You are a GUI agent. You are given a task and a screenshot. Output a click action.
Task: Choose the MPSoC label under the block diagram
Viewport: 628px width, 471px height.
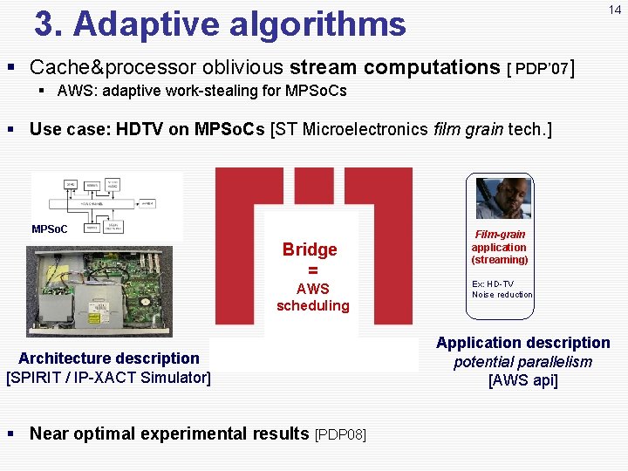pos(50,229)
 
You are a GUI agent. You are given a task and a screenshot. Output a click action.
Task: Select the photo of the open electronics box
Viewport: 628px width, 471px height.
pos(99,291)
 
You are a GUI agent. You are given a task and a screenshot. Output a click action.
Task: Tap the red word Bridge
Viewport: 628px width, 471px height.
pos(310,249)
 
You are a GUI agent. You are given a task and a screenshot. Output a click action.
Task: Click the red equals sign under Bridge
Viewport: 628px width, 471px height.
pos(312,270)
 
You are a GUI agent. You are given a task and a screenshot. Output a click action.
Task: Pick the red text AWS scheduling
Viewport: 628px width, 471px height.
pos(312,297)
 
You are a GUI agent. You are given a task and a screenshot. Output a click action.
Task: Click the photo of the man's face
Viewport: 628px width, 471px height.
pos(503,197)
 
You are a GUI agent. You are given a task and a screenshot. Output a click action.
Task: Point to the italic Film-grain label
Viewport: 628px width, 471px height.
pos(500,235)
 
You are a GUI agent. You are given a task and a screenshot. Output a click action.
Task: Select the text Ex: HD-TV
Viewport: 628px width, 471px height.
pos(493,284)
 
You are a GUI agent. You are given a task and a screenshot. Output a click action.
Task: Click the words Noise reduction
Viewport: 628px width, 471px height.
pos(502,295)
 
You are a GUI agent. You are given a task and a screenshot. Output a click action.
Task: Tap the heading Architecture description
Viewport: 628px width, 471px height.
pos(109,358)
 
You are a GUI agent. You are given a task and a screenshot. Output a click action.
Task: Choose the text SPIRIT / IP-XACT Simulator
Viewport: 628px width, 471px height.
pos(109,378)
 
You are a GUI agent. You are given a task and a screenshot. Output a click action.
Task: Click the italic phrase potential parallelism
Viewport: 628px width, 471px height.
pos(522,362)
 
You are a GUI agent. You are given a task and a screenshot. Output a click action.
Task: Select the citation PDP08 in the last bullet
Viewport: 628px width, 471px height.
pos(340,434)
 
